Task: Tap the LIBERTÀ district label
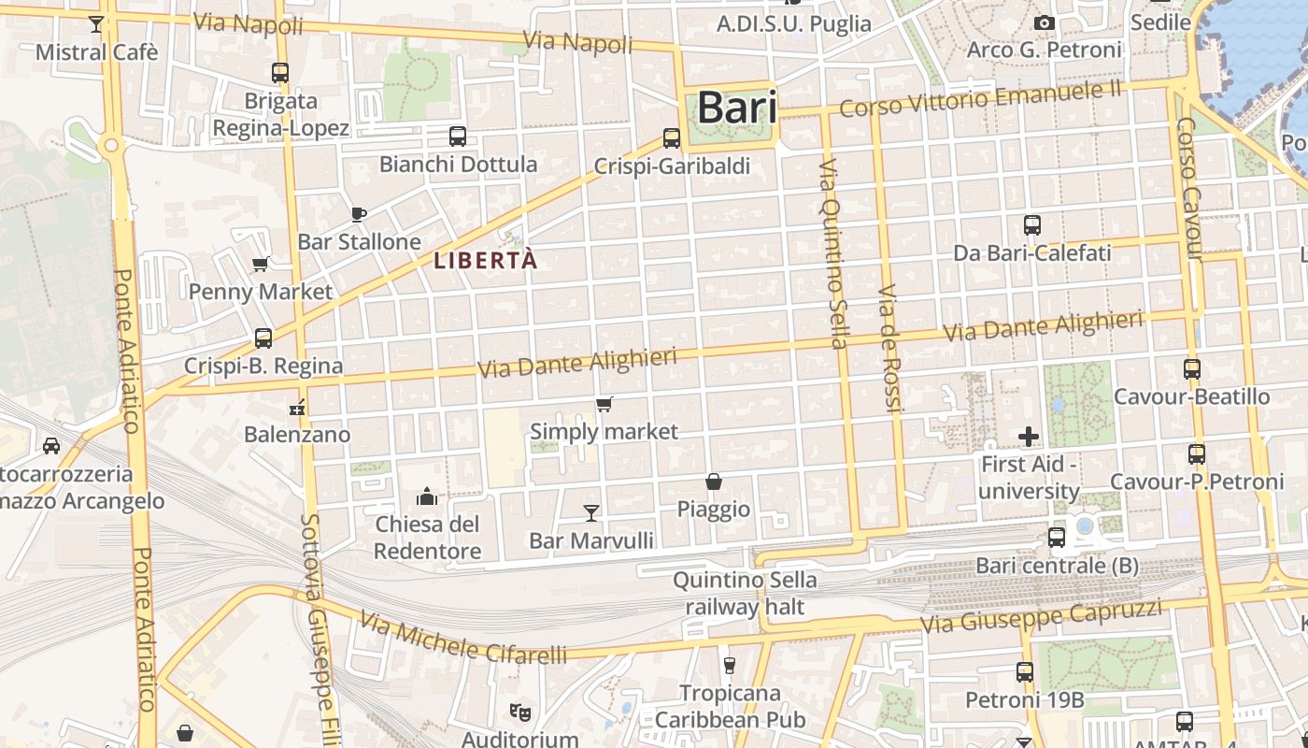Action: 486,260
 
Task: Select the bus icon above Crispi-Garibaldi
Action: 672,138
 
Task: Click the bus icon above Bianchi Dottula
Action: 458,137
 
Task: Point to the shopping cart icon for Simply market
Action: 604,404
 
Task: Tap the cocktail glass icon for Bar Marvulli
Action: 591,512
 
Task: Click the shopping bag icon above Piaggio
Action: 714,482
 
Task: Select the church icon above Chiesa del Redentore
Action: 427,496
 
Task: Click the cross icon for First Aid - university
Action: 1029,436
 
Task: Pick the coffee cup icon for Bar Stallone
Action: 359,214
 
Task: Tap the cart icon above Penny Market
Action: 261,264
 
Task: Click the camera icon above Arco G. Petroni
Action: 1045,22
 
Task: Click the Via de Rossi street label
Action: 890,348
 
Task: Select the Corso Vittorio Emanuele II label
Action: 980,100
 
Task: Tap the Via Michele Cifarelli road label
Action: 463,640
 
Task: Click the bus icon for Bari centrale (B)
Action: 1057,538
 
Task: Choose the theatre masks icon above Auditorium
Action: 520,712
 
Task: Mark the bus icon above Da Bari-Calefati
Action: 1032,225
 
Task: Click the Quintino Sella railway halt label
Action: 745,593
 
